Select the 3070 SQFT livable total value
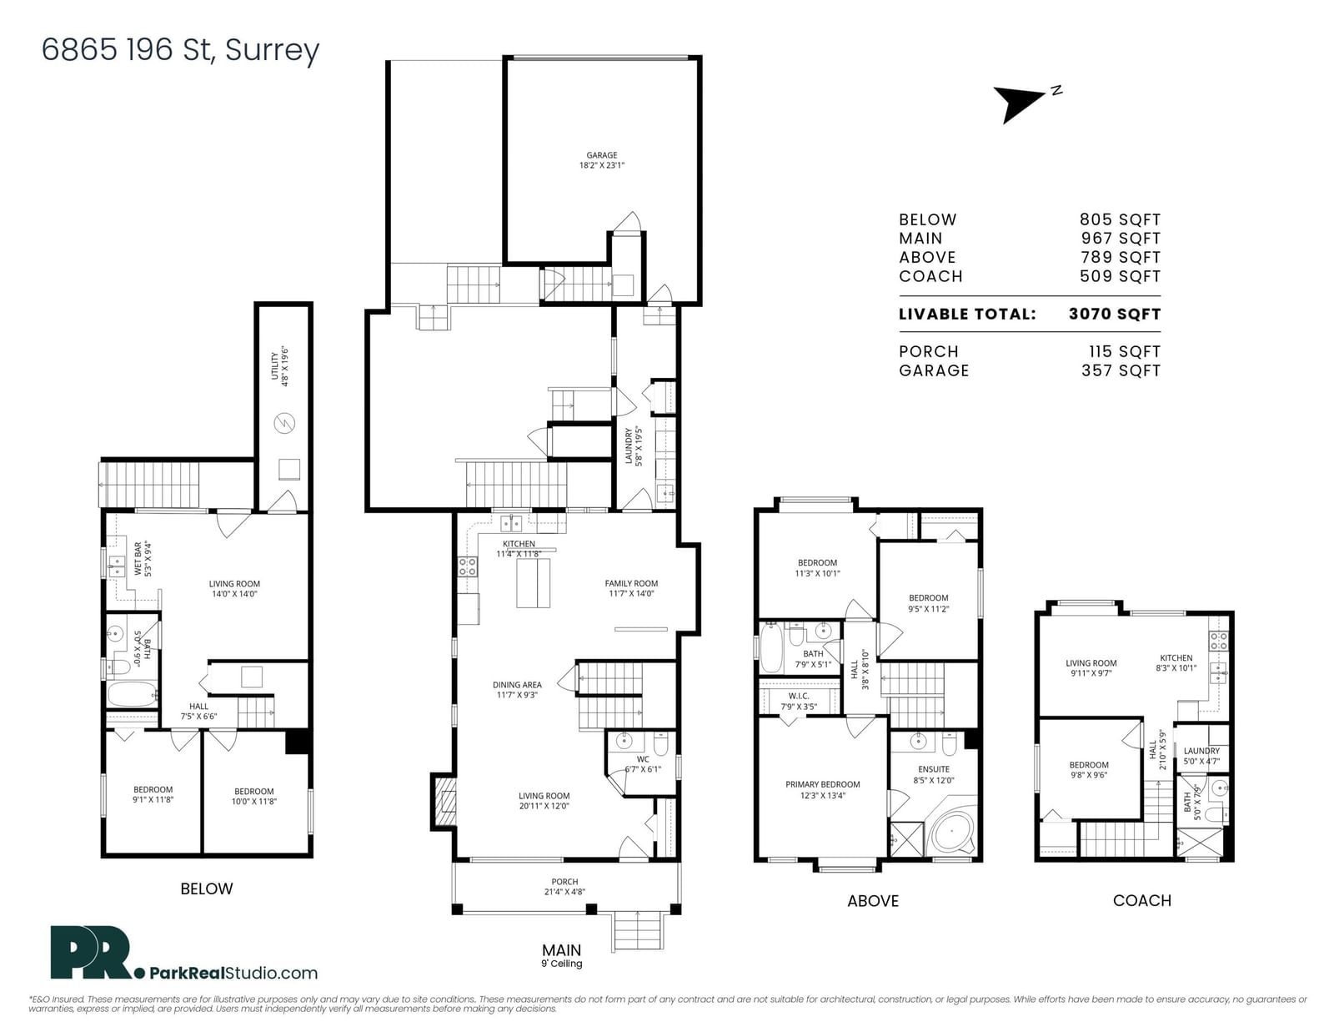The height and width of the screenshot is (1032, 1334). (x=1115, y=314)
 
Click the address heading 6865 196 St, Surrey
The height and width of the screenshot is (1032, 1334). (x=180, y=50)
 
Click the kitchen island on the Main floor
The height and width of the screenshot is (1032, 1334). (x=533, y=583)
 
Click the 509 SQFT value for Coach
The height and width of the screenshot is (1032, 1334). (x=1121, y=276)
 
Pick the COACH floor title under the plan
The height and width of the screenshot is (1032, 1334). (x=1142, y=900)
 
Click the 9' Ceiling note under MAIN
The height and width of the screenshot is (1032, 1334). (x=561, y=964)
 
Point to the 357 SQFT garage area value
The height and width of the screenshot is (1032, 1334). (x=1121, y=371)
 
